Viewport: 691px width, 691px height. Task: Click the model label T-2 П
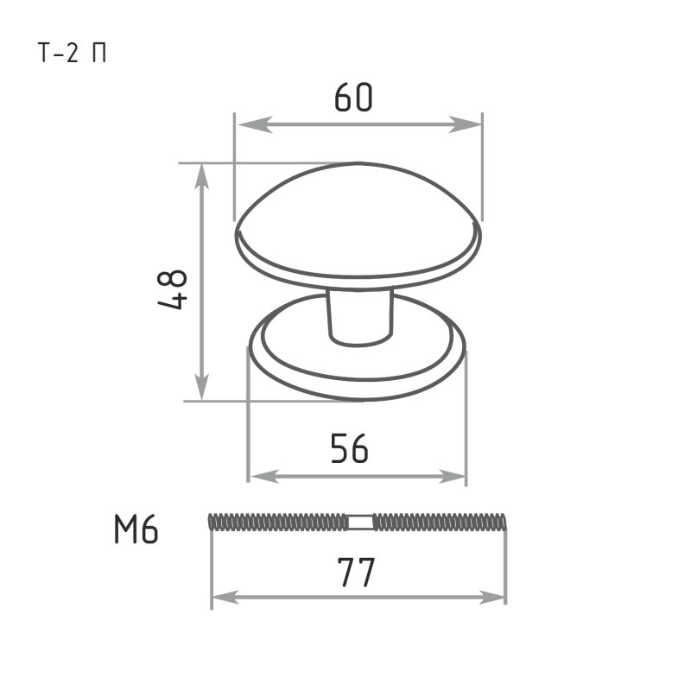[73, 54]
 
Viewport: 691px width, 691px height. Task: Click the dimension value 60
[353, 97]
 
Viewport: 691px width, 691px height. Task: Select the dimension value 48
[172, 289]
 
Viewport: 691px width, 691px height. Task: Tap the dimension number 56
[349, 448]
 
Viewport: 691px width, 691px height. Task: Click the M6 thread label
[136, 529]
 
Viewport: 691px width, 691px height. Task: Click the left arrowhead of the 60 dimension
[255, 124]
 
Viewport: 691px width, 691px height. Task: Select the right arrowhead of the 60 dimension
[465, 124]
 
